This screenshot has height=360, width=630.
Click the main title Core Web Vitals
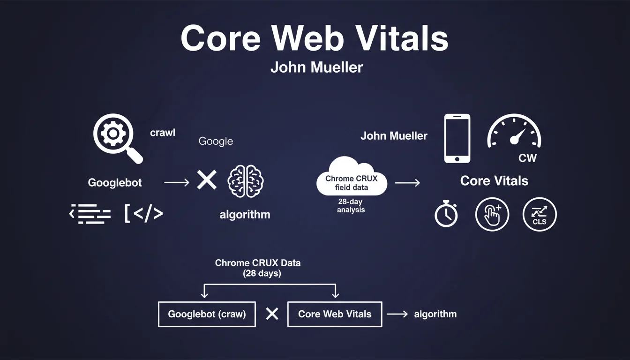[315, 38]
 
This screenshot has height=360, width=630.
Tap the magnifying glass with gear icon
[116, 137]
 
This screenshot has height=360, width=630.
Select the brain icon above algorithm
[246, 180]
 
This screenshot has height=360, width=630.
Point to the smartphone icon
[457, 138]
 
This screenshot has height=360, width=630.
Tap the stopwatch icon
[446, 214]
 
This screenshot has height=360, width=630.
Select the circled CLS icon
[540, 215]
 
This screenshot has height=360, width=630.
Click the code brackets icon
[144, 214]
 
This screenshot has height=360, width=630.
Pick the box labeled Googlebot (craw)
[207, 314]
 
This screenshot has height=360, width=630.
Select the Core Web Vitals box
[335, 314]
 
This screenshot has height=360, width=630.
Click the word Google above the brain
[216, 141]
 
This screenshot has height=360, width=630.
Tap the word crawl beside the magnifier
[163, 133]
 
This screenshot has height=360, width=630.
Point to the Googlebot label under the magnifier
[115, 183]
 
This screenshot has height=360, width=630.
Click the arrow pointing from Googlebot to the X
[177, 182]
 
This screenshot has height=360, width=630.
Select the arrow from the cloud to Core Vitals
[407, 182]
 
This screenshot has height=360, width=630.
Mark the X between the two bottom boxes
[272, 314]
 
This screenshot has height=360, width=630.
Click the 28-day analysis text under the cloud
[351, 205]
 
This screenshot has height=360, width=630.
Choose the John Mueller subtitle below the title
[316, 67]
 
